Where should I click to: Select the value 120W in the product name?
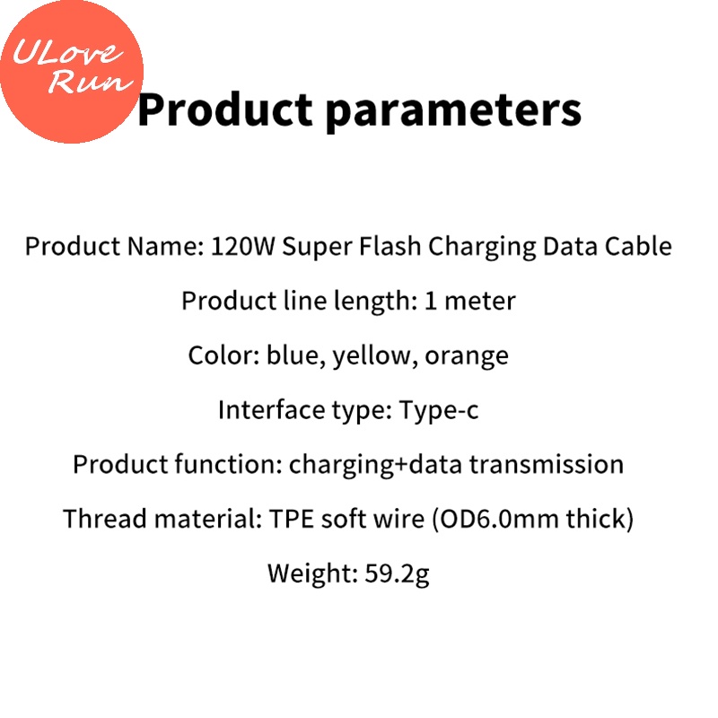[242, 247]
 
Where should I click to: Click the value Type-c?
[439, 411]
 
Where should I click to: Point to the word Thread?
[100, 520]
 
